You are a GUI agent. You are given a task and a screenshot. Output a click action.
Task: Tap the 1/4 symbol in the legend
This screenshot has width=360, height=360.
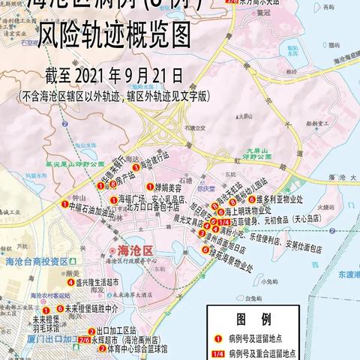click(217, 351)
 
